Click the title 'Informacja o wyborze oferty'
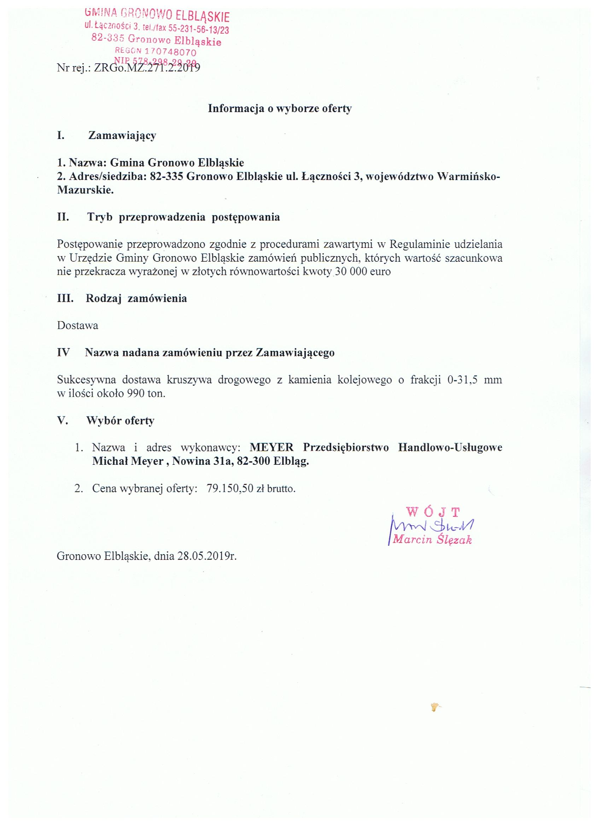click(280, 109)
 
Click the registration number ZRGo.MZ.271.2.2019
click(147, 69)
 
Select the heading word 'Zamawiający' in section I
click(122, 135)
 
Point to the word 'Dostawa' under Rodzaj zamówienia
click(78, 325)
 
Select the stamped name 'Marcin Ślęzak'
click(432, 539)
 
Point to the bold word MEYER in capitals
click(272, 447)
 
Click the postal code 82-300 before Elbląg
click(253, 461)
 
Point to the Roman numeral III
click(65, 298)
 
